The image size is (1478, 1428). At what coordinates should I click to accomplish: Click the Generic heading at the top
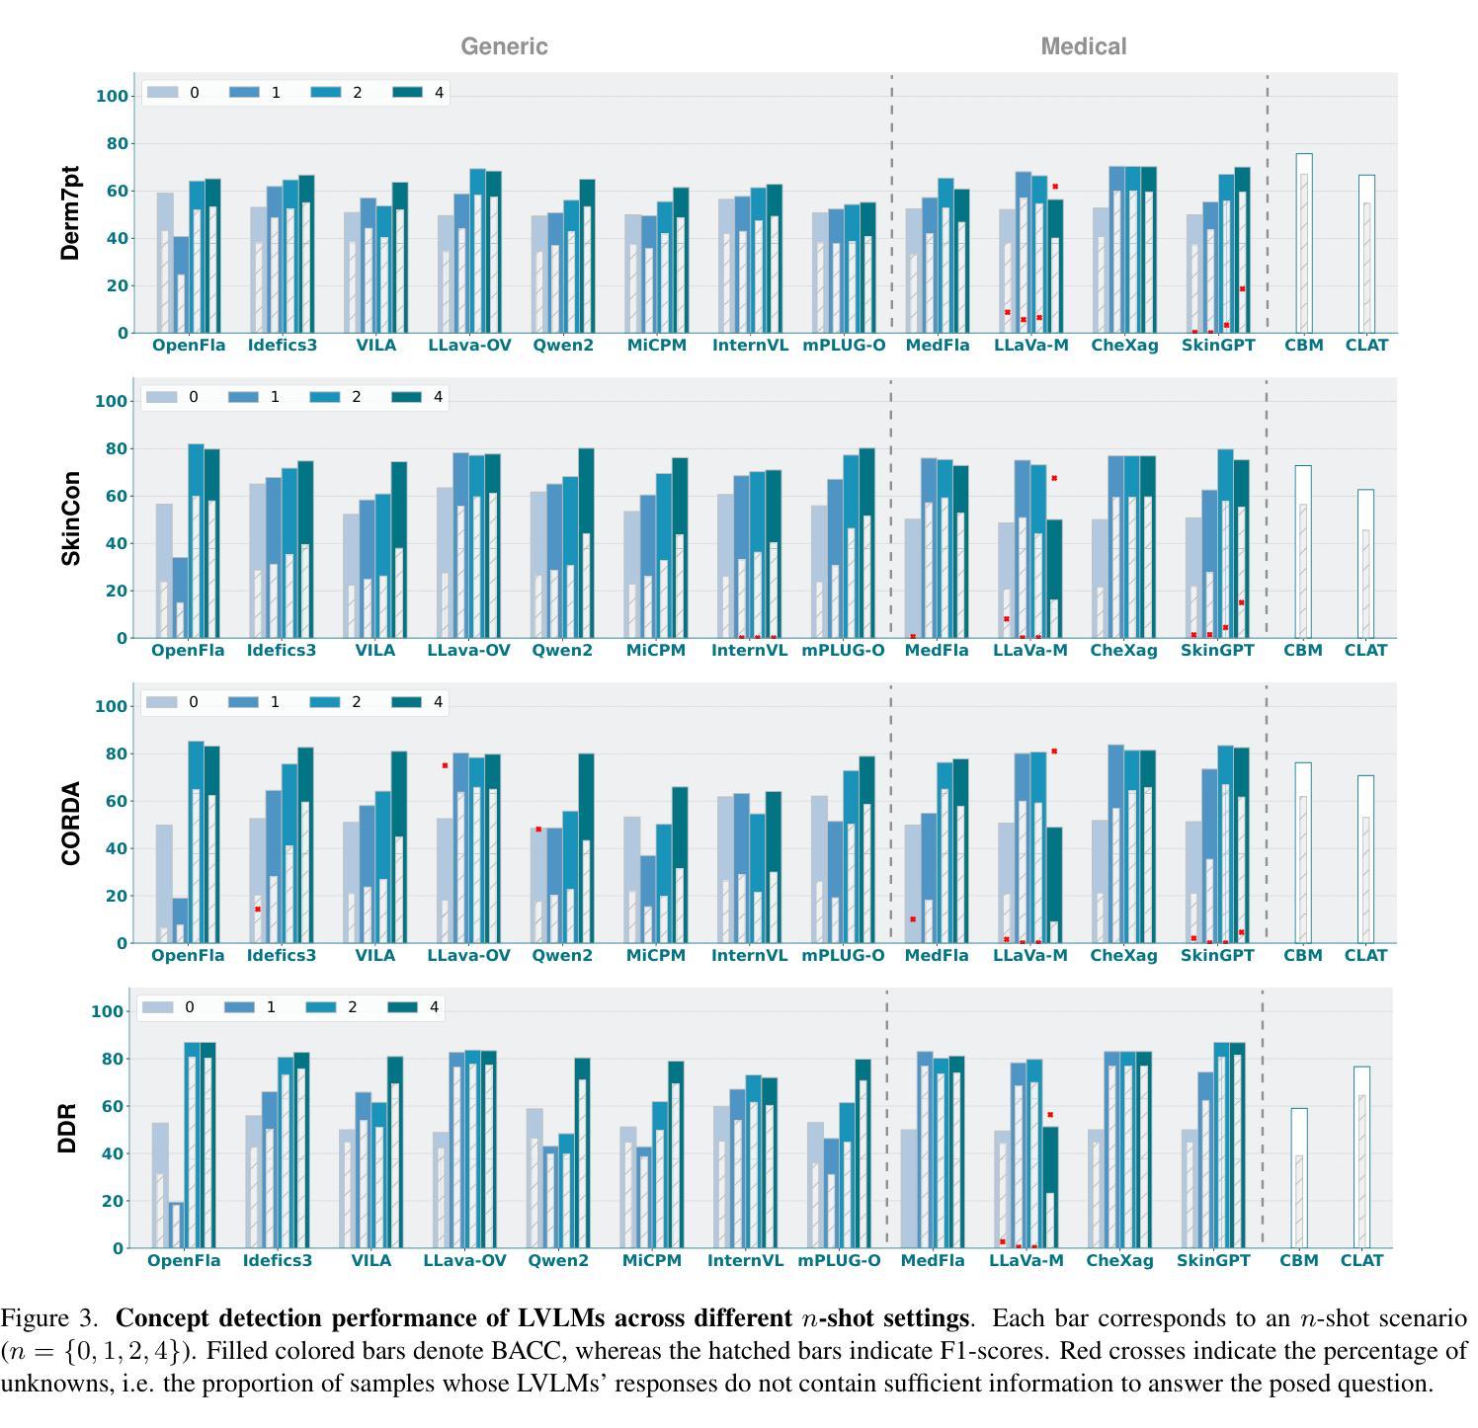pos(504,46)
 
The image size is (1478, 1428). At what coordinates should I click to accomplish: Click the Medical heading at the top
pos(1083,46)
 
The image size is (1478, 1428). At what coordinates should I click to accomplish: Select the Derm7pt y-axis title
pos(70,213)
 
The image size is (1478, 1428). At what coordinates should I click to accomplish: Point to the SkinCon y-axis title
pos(70,518)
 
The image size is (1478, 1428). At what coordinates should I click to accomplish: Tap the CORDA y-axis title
pos(70,824)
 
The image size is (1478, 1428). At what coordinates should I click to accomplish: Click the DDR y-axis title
pos(67,1129)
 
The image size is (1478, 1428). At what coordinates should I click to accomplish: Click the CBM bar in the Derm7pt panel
pos(1304,244)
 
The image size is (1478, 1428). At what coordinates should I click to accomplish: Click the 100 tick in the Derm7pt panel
pos(112,97)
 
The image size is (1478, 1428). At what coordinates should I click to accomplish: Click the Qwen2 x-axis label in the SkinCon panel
pos(562,651)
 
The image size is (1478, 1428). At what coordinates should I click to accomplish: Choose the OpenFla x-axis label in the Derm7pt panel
pos(189,346)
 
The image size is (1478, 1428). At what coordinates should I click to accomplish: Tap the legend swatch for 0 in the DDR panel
pos(158,1008)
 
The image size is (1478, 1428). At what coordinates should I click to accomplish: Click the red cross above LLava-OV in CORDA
pos(446,765)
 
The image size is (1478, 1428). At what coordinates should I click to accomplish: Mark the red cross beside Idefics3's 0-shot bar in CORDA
pos(258,910)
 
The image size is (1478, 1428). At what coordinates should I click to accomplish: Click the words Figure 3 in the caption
pos(49,1319)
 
